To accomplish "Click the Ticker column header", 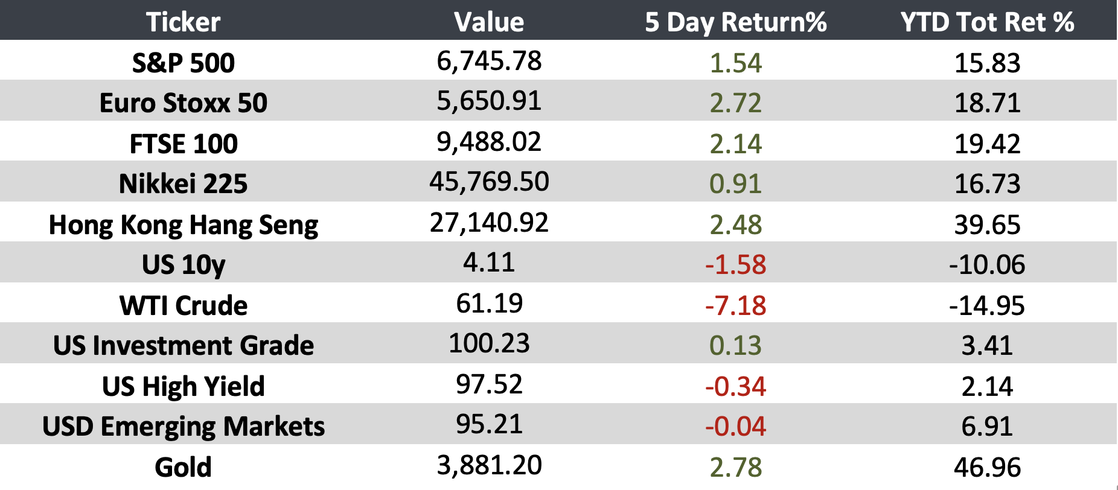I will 183,22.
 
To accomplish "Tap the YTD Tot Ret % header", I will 987,22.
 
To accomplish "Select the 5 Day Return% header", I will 735,22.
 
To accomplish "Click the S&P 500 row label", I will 183,63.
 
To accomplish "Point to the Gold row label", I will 183,467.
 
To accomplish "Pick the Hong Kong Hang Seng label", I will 183,225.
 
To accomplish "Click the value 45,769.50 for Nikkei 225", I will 489,182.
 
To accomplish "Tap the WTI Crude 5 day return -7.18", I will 735,305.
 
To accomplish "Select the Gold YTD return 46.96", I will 987,467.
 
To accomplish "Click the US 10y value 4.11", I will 489,262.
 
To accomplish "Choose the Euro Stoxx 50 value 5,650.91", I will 489,101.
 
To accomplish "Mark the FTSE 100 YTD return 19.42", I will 987,144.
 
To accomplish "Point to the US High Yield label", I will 183,386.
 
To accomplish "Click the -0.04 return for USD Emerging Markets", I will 735,427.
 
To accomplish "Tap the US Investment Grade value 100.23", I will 489,343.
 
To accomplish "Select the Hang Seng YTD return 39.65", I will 987,224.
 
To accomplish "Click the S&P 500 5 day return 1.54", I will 735,63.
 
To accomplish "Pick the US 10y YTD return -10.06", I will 987,265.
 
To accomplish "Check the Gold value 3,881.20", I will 489,465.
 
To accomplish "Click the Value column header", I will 489,22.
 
